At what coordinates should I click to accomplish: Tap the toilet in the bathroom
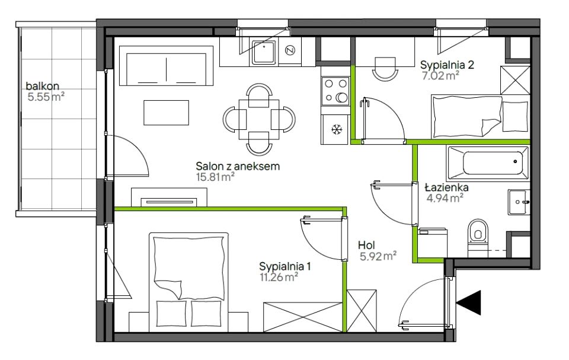pyautogui.click(x=478, y=237)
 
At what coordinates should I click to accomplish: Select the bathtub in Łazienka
pyautogui.click(x=488, y=163)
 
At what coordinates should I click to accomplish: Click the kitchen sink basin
pyautogui.click(x=264, y=52)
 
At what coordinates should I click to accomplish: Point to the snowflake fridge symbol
pyautogui.click(x=337, y=129)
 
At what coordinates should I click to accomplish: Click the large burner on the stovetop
pyautogui.click(x=342, y=97)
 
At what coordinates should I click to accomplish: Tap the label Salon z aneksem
pyautogui.click(x=238, y=167)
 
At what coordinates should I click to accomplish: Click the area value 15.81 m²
pyautogui.click(x=215, y=177)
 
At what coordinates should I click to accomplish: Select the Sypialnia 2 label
pyautogui.click(x=447, y=65)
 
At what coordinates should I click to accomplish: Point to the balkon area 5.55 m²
pyautogui.click(x=46, y=97)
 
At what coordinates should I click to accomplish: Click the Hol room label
pyautogui.click(x=366, y=245)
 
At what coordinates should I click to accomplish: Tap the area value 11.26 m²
pyautogui.click(x=279, y=278)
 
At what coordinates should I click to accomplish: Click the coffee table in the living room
pyautogui.click(x=166, y=113)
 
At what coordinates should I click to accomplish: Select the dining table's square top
pyautogui.click(x=259, y=120)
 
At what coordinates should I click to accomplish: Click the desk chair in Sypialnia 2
pyautogui.click(x=385, y=68)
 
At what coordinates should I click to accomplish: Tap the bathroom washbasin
pyautogui.click(x=519, y=202)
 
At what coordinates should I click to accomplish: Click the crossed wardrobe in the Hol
pyautogui.click(x=362, y=311)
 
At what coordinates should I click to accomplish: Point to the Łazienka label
pyautogui.click(x=446, y=187)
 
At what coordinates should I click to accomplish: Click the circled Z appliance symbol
pyautogui.click(x=289, y=50)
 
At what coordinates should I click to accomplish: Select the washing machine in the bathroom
pyautogui.click(x=433, y=243)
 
